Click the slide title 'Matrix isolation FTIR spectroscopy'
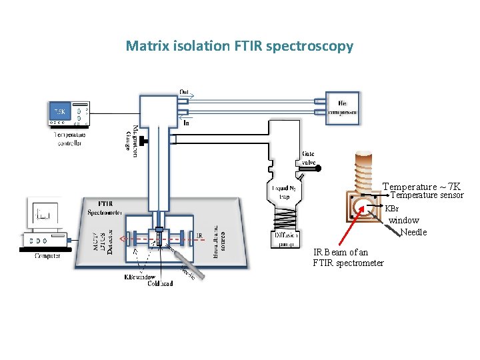click(239, 46)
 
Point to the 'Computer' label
click(47, 255)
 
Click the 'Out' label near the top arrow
click(185, 91)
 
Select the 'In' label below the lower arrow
click(186, 123)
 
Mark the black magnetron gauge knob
click(143, 141)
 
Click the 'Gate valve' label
click(309, 158)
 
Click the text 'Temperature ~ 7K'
click(421, 186)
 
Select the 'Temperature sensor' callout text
click(427, 195)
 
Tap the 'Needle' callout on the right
click(413, 233)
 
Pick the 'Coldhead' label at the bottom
click(160, 283)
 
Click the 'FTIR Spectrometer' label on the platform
click(104, 208)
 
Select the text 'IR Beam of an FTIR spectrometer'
click(348, 257)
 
